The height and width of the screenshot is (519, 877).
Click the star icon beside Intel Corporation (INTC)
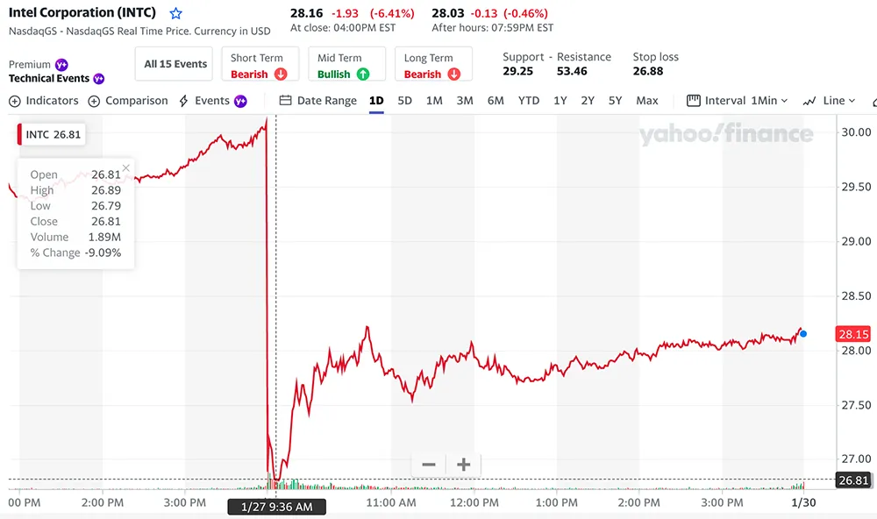[x=176, y=14]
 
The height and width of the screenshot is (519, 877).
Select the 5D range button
[x=404, y=101]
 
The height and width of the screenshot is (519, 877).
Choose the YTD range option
[x=529, y=101]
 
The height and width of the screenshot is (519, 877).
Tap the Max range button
[x=647, y=101]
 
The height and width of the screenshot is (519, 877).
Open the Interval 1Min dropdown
[x=738, y=101]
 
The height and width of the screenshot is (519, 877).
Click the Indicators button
[x=44, y=101]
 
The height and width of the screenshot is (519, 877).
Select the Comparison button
[x=128, y=101]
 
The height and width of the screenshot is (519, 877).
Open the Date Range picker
[x=318, y=101]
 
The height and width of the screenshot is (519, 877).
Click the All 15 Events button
[x=175, y=64]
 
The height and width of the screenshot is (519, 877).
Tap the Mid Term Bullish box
[x=346, y=66]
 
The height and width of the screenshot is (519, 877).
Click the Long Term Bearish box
[x=433, y=66]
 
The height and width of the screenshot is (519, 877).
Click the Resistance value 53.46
[x=572, y=71]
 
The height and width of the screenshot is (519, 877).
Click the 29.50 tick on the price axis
[x=854, y=187]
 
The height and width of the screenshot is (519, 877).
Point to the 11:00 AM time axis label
[x=390, y=503]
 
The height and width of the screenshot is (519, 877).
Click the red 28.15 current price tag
[x=852, y=334]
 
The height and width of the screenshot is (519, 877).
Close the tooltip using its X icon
[x=125, y=167]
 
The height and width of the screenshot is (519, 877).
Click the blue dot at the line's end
[x=803, y=334]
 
